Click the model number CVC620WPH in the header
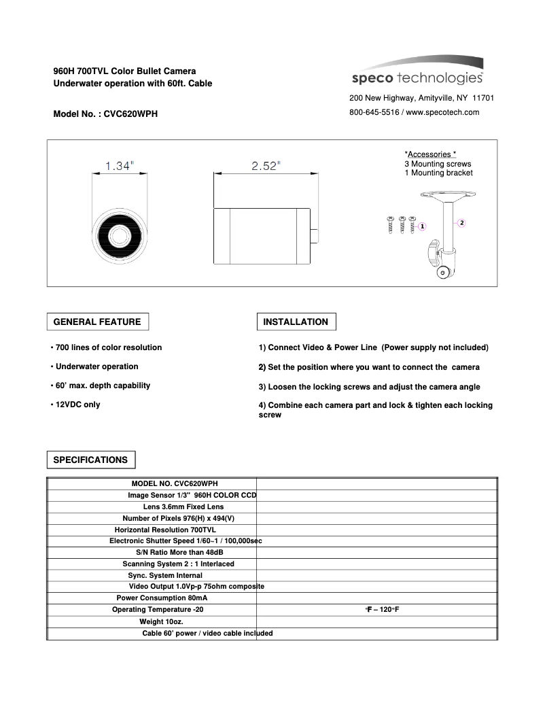point(130,114)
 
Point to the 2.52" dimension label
point(266,167)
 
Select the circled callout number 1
point(422,226)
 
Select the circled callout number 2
point(462,222)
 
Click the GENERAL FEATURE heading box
point(97,322)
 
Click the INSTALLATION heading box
point(296,322)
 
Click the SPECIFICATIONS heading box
point(90,460)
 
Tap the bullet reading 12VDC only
point(75,405)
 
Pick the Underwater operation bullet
point(94,366)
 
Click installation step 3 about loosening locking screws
point(369,387)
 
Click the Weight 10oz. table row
point(161,621)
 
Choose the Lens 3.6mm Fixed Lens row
point(183,506)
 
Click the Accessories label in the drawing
point(430,154)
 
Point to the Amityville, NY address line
point(421,98)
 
